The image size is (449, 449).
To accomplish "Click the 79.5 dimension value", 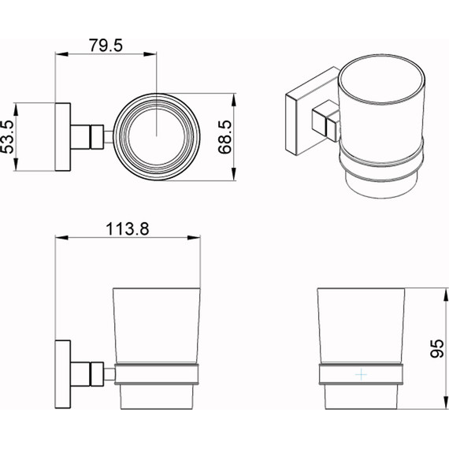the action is coord(106,45).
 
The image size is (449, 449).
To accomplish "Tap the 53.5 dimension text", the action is coord(7,137).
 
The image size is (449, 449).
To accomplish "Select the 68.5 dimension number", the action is coord(224,137).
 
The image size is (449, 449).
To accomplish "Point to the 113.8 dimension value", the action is coord(128,229).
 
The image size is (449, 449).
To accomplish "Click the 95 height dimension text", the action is coord(437,348).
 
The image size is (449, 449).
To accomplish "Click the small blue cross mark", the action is coord(361,374).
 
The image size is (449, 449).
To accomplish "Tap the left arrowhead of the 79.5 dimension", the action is coord(61,54).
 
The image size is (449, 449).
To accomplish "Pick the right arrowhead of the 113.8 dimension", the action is coord(194,237).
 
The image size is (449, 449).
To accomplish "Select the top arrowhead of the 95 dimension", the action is coord(446,295).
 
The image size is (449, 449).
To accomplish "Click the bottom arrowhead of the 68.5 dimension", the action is coord(234,174).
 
